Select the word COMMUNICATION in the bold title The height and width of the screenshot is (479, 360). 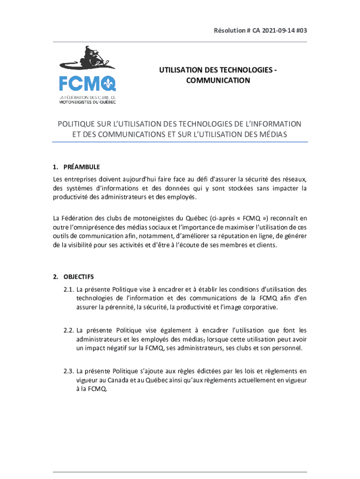[x=217, y=80]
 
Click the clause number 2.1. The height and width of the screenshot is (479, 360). [x=69, y=289]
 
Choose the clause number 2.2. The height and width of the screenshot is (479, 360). [x=69, y=330]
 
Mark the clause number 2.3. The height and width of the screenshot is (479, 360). [x=69, y=371]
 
